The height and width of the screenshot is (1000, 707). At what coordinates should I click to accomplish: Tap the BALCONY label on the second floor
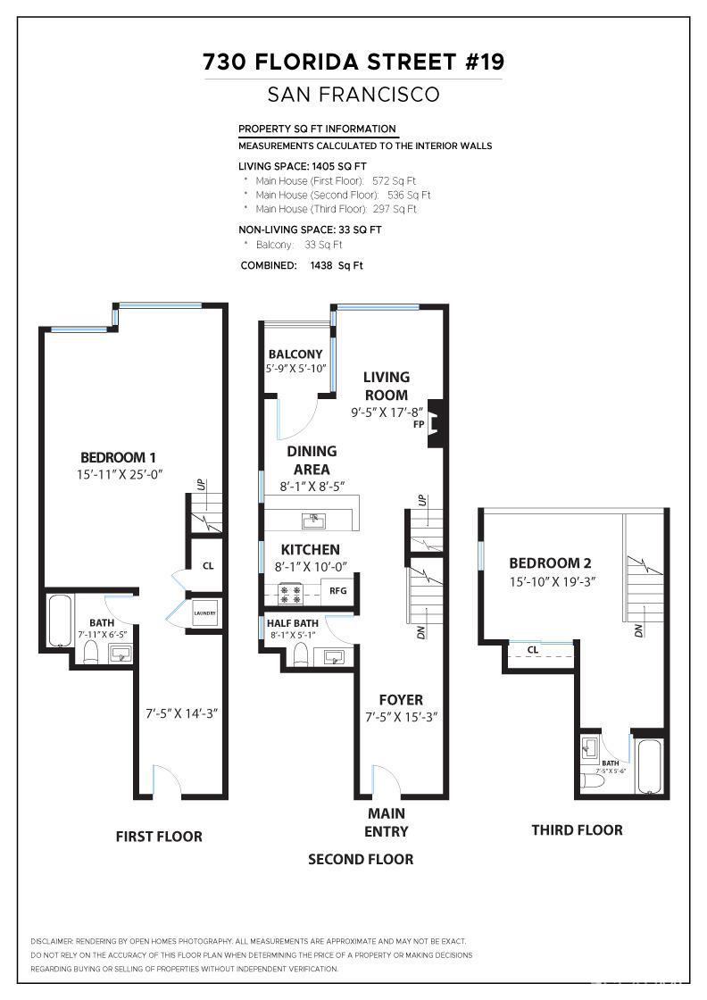295,354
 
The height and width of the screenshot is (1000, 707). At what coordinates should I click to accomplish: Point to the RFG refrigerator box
337,590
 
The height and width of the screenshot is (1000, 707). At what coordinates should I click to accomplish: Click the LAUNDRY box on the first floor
205,612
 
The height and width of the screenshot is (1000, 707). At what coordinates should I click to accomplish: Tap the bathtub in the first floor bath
58,621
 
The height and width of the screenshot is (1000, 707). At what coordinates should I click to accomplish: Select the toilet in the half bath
301,656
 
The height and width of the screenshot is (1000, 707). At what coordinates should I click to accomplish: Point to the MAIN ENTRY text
387,822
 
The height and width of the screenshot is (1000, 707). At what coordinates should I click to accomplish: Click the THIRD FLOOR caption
577,830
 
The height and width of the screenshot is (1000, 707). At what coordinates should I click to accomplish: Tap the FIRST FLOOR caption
159,837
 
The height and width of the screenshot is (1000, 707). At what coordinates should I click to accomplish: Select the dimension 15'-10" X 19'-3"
552,581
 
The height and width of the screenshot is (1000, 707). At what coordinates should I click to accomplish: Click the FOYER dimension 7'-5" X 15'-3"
401,717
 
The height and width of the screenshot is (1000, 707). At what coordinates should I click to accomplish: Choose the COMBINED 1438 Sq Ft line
302,265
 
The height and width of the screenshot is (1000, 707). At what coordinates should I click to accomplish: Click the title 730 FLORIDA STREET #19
353,62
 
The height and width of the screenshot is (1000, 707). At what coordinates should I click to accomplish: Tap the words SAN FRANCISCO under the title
353,94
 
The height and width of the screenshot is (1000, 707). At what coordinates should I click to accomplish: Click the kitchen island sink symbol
314,519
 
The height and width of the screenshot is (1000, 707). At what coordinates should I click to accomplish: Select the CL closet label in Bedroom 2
532,650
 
